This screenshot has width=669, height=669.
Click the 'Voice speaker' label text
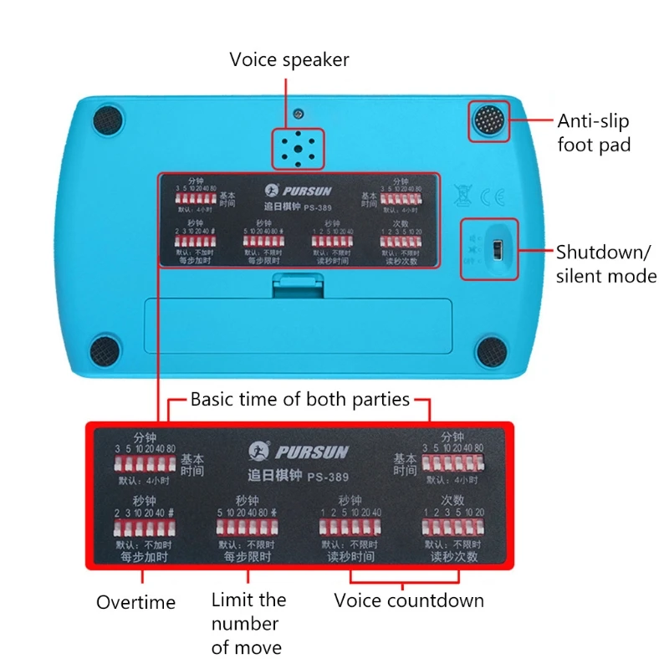pyautogui.click(x=289, y=60)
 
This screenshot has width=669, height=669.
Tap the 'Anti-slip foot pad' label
pyautogui.click(x=595, y=132)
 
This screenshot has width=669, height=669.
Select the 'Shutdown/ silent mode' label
pyautogui.click(x=606, y=263)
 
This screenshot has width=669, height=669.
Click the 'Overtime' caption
pyautogui.click(x=135, y=602)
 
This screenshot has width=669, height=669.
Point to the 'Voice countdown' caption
pyautogui.click(x=409, y=600)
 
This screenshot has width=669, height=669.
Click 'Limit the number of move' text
pyautogui.click(x=248, y=623)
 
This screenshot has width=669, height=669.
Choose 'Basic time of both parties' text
pyautogui.click(x=300, y=399)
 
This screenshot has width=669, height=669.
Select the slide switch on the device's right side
pyautogui.click(x=496, y=249)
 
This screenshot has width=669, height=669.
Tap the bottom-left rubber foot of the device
pyautogui.click(x=105, y=348)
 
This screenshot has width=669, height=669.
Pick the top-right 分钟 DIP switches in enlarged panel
pyautogui.click(x=452, y=462)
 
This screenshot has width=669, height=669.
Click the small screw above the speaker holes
pyautogui.click(x=299, y=113)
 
